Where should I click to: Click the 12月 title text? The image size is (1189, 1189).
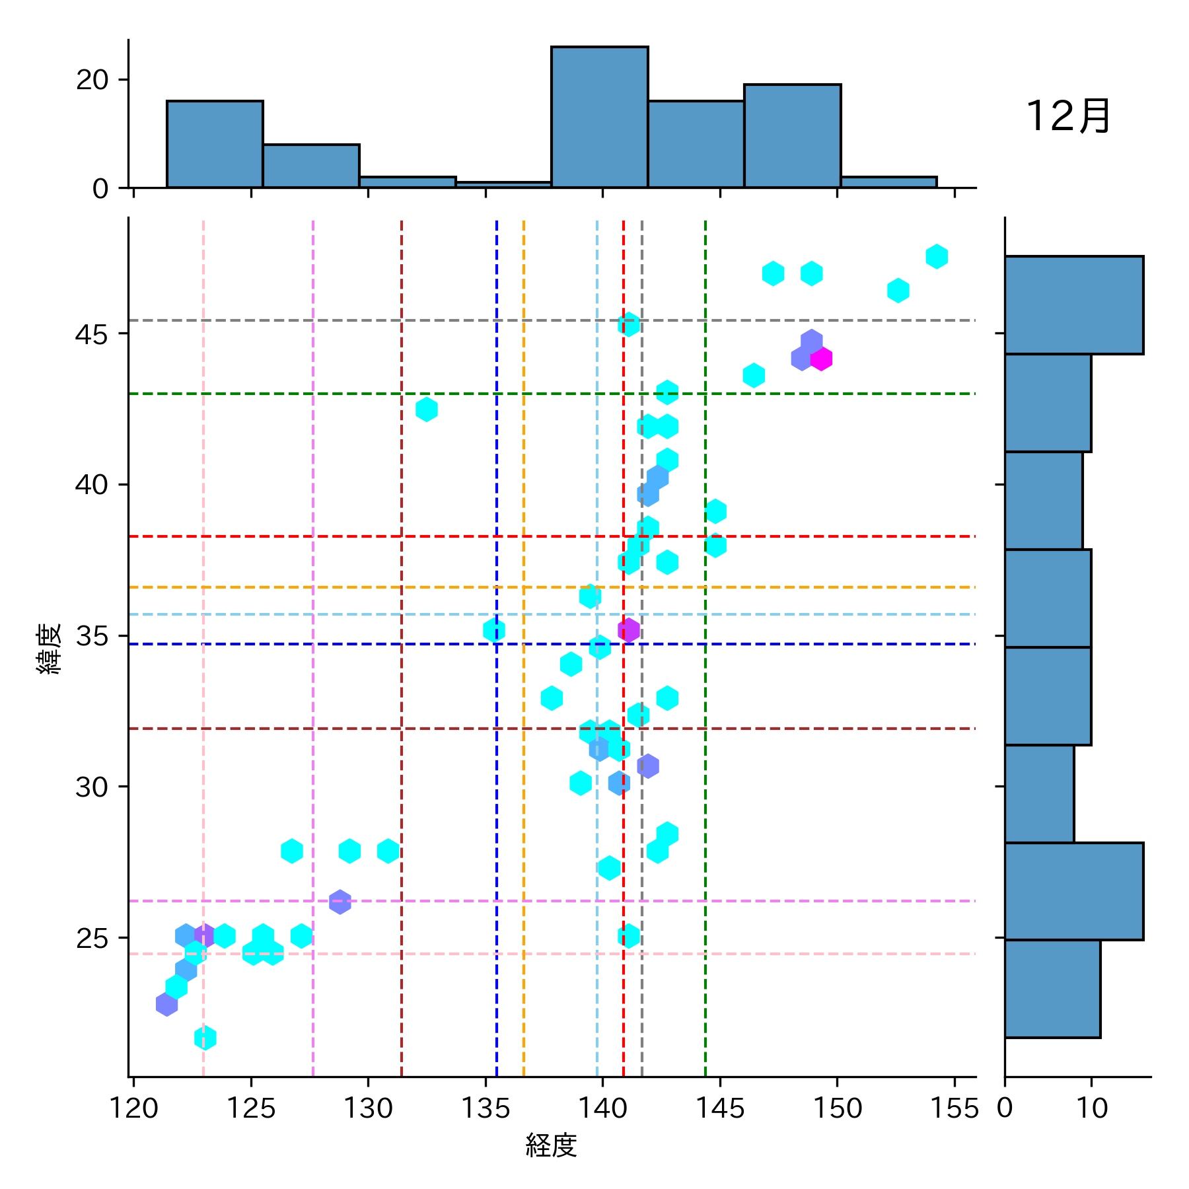1068,117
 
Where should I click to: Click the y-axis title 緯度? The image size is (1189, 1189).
50,648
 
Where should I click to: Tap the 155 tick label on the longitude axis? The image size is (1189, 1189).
954,1108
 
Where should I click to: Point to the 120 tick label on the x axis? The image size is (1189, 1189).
134,1108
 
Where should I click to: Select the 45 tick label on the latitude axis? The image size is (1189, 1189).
92,334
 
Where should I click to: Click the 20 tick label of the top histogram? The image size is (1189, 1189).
92,80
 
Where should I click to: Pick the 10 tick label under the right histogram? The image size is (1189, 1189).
1092,1108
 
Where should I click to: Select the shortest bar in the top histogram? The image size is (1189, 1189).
503,184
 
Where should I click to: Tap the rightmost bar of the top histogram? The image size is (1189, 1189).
888,182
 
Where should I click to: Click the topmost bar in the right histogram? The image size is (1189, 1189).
1073,305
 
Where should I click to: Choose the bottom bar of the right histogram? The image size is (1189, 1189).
1052,989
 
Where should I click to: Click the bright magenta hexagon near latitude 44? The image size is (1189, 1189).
821,359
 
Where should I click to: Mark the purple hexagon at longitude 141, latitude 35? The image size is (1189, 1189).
629,630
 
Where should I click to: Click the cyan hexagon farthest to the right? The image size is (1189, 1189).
937,256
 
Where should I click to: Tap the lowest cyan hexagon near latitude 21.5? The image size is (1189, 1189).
205,1038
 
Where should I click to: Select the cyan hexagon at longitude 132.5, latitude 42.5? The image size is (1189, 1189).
427,410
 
